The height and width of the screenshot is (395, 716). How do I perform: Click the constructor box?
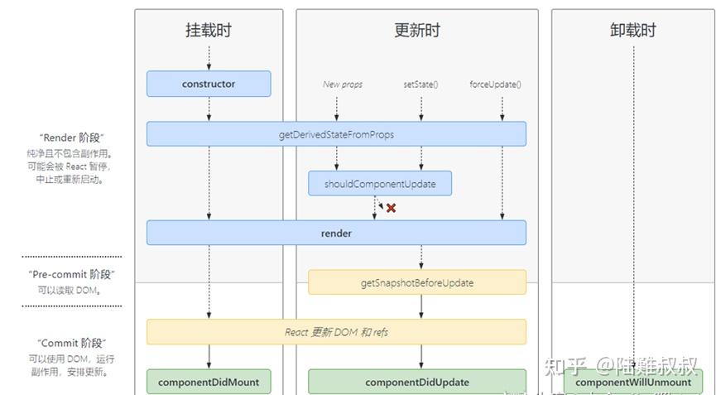(209, 84)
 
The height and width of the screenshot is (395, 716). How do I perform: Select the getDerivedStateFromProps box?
(336, 134)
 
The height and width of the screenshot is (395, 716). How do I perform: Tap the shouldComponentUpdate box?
(380, 184)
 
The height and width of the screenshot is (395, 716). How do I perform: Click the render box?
(336, 233)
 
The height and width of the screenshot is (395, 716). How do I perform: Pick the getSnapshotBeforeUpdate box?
(417, 282)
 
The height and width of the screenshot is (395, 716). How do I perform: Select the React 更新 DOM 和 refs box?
(336, 332)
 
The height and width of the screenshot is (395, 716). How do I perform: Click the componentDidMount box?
(209, 382)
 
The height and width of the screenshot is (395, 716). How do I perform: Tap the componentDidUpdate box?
(417, 382)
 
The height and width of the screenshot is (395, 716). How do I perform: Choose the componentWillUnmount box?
(633, 382)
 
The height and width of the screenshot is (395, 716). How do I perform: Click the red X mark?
(391, 208)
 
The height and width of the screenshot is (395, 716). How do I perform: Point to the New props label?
(343, 84)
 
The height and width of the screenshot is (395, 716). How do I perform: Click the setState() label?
(420, 84)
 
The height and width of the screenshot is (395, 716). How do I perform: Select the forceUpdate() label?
(495, 84)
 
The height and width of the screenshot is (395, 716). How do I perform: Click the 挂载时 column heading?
(209, 31)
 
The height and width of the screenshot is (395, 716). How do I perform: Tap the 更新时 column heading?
(417, 31)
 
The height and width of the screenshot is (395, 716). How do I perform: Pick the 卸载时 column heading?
(633, 31)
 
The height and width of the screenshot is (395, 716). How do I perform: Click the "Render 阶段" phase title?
(72, 137)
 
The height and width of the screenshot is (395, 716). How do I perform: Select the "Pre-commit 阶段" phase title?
(72, 274)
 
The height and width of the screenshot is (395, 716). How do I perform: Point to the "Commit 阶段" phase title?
(72, 343)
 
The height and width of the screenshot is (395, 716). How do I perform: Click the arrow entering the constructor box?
(209, 58)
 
